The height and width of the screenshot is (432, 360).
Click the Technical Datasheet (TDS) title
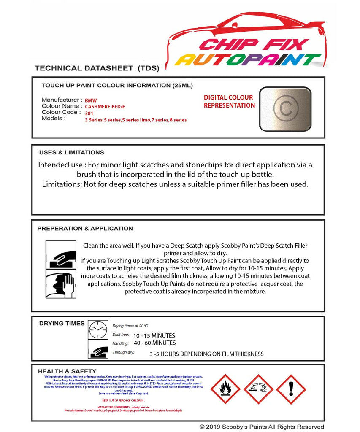tap(97, 68)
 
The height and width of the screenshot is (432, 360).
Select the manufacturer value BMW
tap(91, 101)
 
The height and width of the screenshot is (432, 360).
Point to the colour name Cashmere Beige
tap(105, 107)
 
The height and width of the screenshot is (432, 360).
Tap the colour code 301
tap(89, 113)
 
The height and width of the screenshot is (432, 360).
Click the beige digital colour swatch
tap(285, 109)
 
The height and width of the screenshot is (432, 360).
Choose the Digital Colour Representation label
tap(229, 102)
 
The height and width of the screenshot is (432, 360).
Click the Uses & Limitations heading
tap(71, 153)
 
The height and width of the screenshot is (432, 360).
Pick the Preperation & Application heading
tap(85, 229)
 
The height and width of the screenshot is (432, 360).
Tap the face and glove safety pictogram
tap(60, 284)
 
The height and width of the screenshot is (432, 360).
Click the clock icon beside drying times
tap(98, 329)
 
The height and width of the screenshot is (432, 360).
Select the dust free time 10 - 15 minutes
tap(154, 335)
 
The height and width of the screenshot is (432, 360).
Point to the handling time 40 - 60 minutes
tap(154, 343)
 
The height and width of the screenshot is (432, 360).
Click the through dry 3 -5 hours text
tap(206, 354)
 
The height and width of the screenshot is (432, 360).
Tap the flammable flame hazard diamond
tap(225, 389)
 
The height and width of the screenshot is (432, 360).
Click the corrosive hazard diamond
tap(258, 389)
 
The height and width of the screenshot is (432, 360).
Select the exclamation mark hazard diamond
tap(291, 389)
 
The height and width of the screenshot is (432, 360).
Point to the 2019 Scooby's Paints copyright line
tap(262, 427)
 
